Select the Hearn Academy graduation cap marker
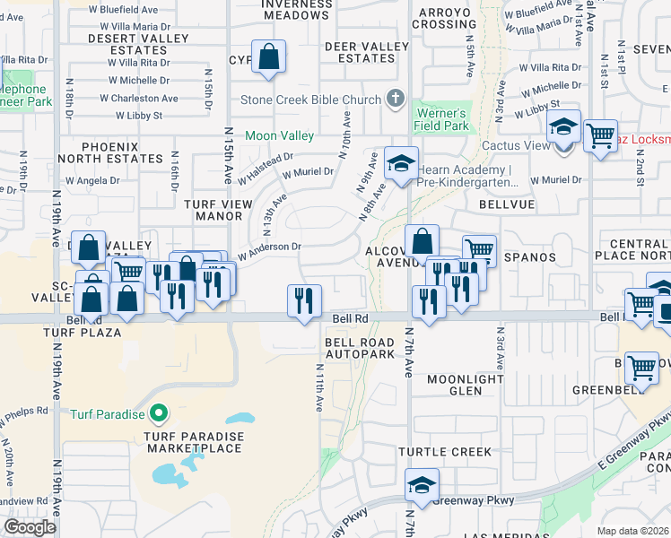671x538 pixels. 401,163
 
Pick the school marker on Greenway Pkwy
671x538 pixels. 422,485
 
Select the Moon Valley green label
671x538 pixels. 280,135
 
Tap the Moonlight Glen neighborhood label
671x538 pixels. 465,385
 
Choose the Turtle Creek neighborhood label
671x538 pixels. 445,452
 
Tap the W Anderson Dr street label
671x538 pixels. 269,247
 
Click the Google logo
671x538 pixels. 30,527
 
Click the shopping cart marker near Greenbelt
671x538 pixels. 642,367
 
